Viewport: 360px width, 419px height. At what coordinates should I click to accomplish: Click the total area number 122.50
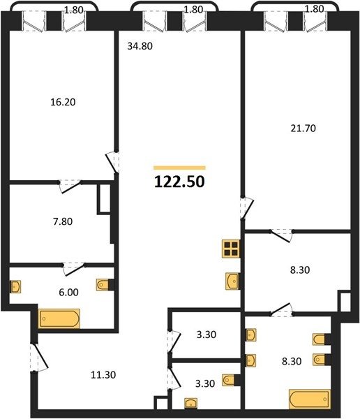(179, 182)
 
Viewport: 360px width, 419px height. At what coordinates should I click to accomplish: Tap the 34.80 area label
(140, 46)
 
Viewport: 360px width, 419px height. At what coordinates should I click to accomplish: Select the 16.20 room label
(63, 102)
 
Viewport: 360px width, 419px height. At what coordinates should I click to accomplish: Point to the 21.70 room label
(303, 128)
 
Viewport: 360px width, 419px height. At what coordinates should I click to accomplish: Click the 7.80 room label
(63, 221)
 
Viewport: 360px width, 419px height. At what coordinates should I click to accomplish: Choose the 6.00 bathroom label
(68, 293)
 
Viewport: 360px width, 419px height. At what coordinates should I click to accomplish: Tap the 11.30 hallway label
(103, 375)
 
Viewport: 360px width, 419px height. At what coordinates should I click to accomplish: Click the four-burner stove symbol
(230, 249)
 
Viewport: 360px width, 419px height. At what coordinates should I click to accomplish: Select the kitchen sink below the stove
(232, 281)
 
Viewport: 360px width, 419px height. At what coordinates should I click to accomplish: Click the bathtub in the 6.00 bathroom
(59, 318)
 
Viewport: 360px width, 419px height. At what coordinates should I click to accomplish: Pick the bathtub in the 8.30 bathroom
(310, 399)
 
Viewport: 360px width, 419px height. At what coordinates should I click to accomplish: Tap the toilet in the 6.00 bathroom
(103, 285)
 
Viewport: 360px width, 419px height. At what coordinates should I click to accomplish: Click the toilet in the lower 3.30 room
(229, 380)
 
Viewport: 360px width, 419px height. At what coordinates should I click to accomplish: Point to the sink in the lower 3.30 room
(191, 403)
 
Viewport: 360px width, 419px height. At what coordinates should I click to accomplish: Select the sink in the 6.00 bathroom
(15, 287)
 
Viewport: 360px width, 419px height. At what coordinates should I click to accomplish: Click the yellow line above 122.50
(179, 168)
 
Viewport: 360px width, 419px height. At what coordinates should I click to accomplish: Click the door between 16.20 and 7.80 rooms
(70, 186)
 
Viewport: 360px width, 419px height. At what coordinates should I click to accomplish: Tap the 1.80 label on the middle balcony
(194, 10)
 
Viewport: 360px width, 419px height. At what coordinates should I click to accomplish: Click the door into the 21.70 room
(246, 208)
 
